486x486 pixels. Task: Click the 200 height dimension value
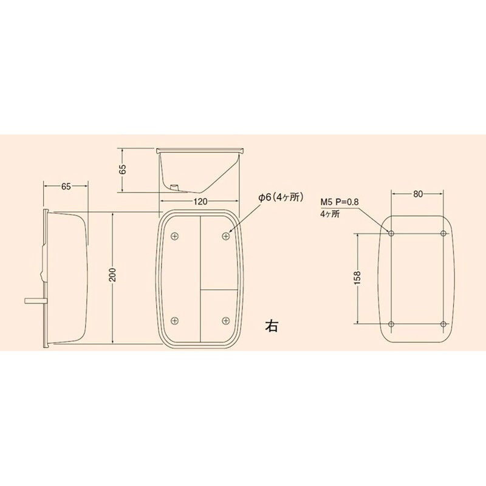point(113,275)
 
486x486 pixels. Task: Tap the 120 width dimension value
point(200,202)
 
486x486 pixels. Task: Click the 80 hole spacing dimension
point(418,194)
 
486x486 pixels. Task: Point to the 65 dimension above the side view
point(66,187)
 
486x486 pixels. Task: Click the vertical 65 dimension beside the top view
point(123,169)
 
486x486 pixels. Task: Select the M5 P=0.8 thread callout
point(340,202)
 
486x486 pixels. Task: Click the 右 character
point(272,326)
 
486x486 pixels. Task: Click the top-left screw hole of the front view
point(175,236)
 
